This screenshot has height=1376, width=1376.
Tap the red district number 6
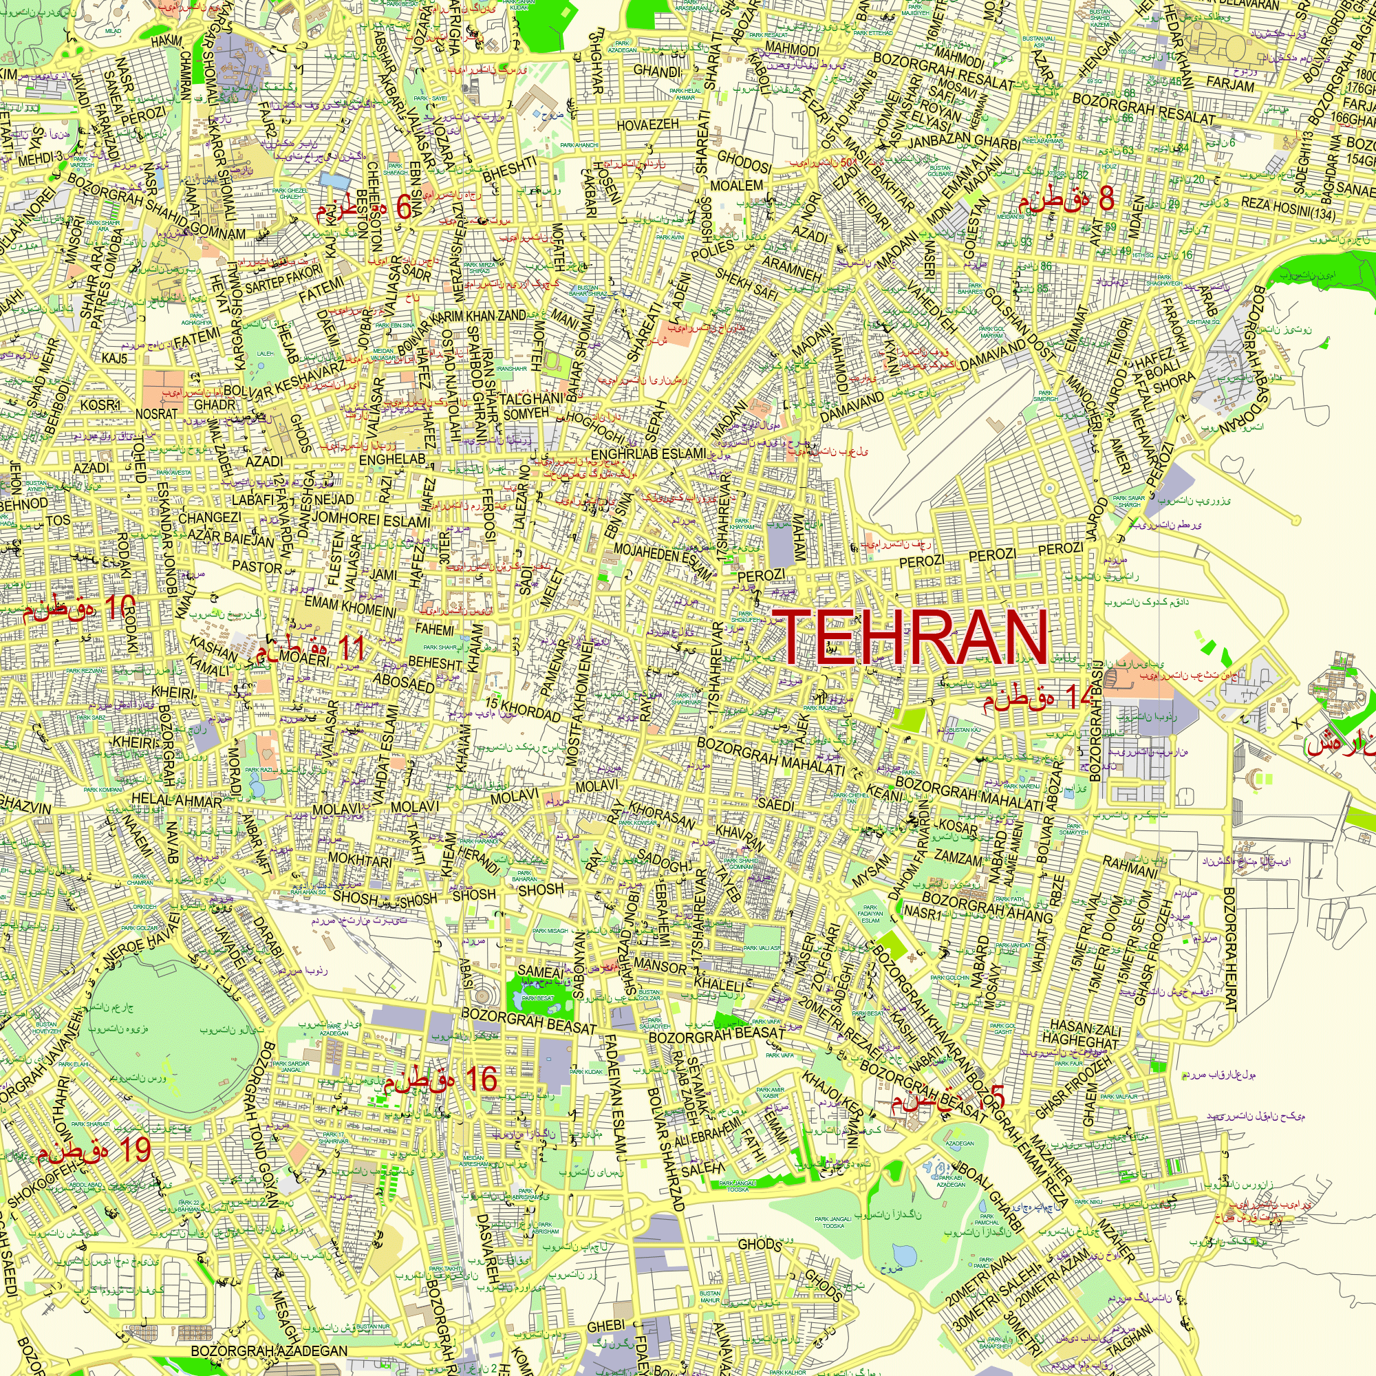coord(404,207)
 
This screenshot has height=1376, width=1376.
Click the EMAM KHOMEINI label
coord(350,607)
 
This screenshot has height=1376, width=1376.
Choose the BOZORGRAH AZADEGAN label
coord(269,1351)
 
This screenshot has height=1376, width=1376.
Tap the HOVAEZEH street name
coord(647,125)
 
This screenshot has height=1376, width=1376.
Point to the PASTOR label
coord(257,567)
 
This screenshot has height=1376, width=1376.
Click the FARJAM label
coord(1231,85)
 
